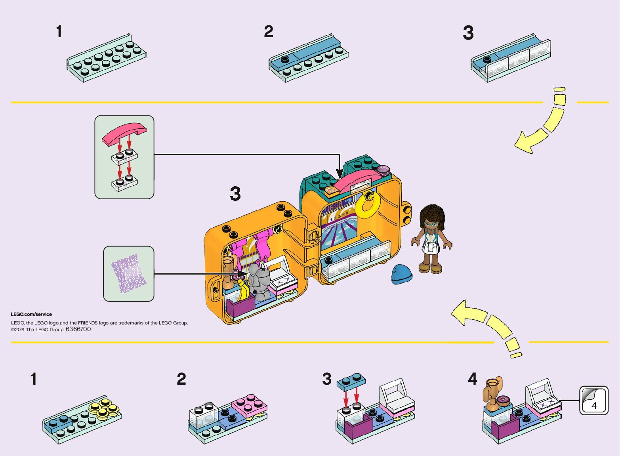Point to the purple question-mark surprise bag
click(129, 274)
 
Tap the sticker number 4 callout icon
click(593, 401)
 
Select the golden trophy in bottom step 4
click(492, 393)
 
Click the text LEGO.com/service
click(31, 314)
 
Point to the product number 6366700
click(78, 329)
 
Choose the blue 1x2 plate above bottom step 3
click(351, 380)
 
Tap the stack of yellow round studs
click(104, 408)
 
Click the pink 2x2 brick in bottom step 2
click(249, 404)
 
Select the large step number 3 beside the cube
click(235, 194)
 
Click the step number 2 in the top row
click(269, 32)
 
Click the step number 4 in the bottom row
click(472, 379)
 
